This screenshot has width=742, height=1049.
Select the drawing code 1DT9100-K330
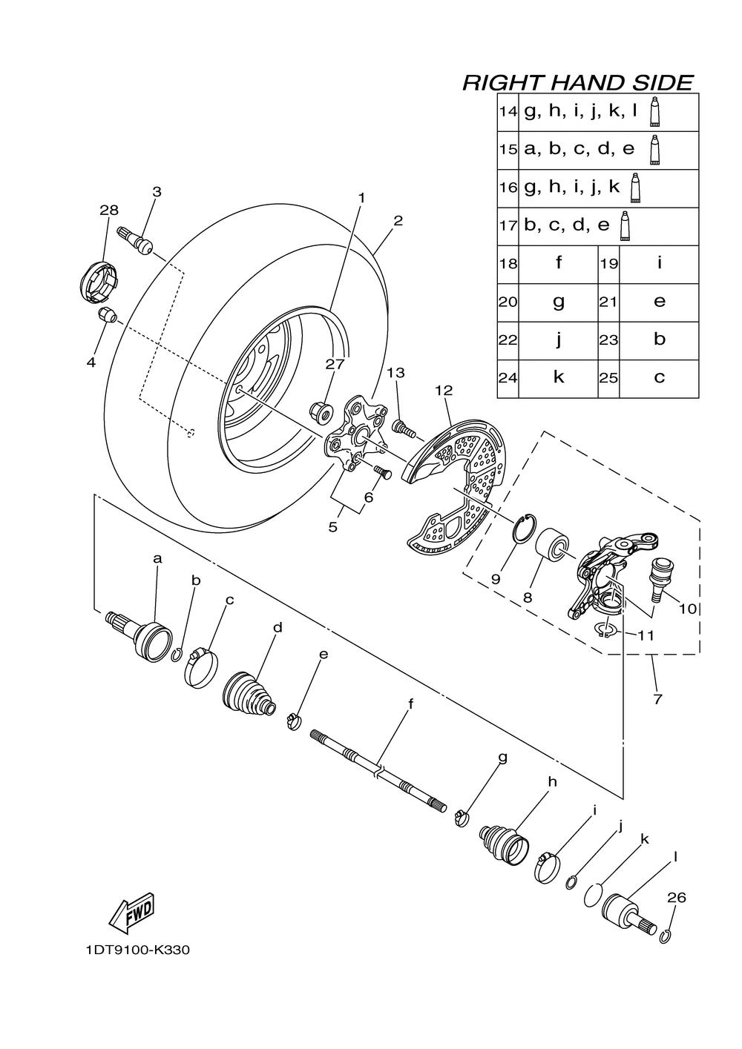(x=137, y=950)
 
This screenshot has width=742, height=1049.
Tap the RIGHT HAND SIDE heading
(x=577, y=82)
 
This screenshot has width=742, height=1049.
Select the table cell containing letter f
(x=558, y=264)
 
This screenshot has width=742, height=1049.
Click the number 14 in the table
(x=508, y=112)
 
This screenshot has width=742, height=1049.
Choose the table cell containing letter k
(x=558, y=378)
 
